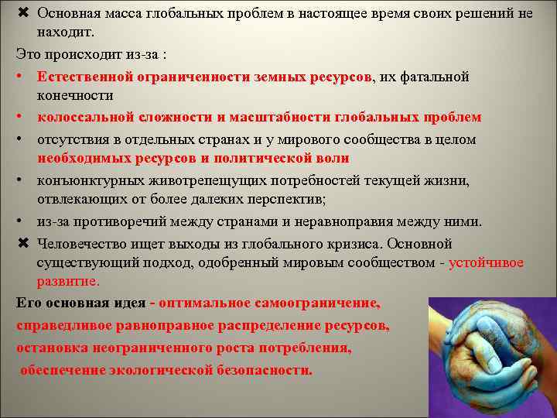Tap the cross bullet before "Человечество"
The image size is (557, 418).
(22, 243)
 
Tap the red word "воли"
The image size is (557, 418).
(333, 158)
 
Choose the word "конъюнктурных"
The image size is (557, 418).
(85, 180)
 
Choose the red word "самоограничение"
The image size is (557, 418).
(320, 303)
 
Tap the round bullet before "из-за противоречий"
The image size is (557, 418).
(22, 222)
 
